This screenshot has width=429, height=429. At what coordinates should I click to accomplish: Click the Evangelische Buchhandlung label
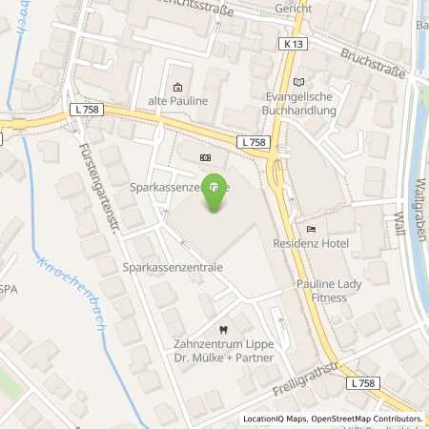[303, 103]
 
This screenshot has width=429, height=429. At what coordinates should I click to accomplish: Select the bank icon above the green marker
[206, 157]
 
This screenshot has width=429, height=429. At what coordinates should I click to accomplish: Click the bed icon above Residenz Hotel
[311, 229]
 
